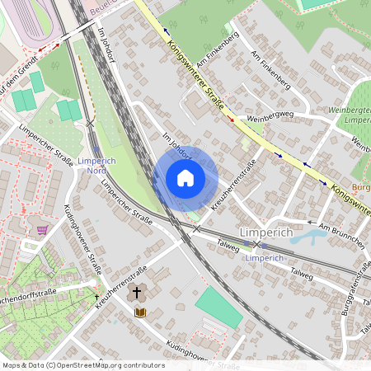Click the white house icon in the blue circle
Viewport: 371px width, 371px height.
185,178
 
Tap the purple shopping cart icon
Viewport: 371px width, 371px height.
42,229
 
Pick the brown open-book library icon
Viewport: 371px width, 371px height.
140,312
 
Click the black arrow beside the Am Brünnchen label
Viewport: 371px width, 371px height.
310,222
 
